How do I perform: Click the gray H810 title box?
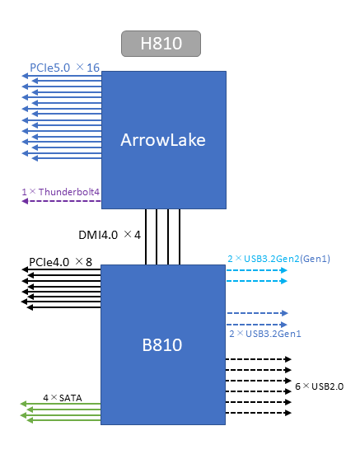[x=161, y=44]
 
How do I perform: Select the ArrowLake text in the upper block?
[x=163, y=140]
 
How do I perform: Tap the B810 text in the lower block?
[x=162, y=345]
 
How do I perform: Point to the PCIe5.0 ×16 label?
[x=64, y=68]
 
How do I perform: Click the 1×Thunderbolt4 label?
[x=60, y=192]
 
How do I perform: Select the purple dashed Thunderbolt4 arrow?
[x=61, y=201]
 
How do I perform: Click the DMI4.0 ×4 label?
[x=110, y=235]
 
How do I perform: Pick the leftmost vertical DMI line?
[x=146, y=236]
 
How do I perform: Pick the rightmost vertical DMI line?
[x=180, y=236]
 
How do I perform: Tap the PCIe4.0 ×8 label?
[x=60, y=262]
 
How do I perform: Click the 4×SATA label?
[x=63, y=398]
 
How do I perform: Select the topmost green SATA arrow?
[x=60, y=404]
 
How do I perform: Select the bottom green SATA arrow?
[x=63, y=420]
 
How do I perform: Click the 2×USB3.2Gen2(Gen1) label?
[x=278, y=259]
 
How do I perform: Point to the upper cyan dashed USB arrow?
[x=257, y=270]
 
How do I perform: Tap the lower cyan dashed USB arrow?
[x=257, y=281]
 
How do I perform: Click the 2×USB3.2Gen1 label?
[x=265, y=334]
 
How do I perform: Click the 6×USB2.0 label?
[x=319, y=386]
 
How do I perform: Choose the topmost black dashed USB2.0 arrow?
[x=259, y=359]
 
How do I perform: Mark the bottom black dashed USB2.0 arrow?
[x=259, y=413]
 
